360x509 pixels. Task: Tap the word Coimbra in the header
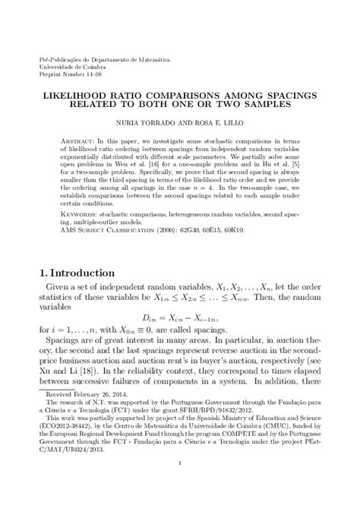point(84,65)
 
